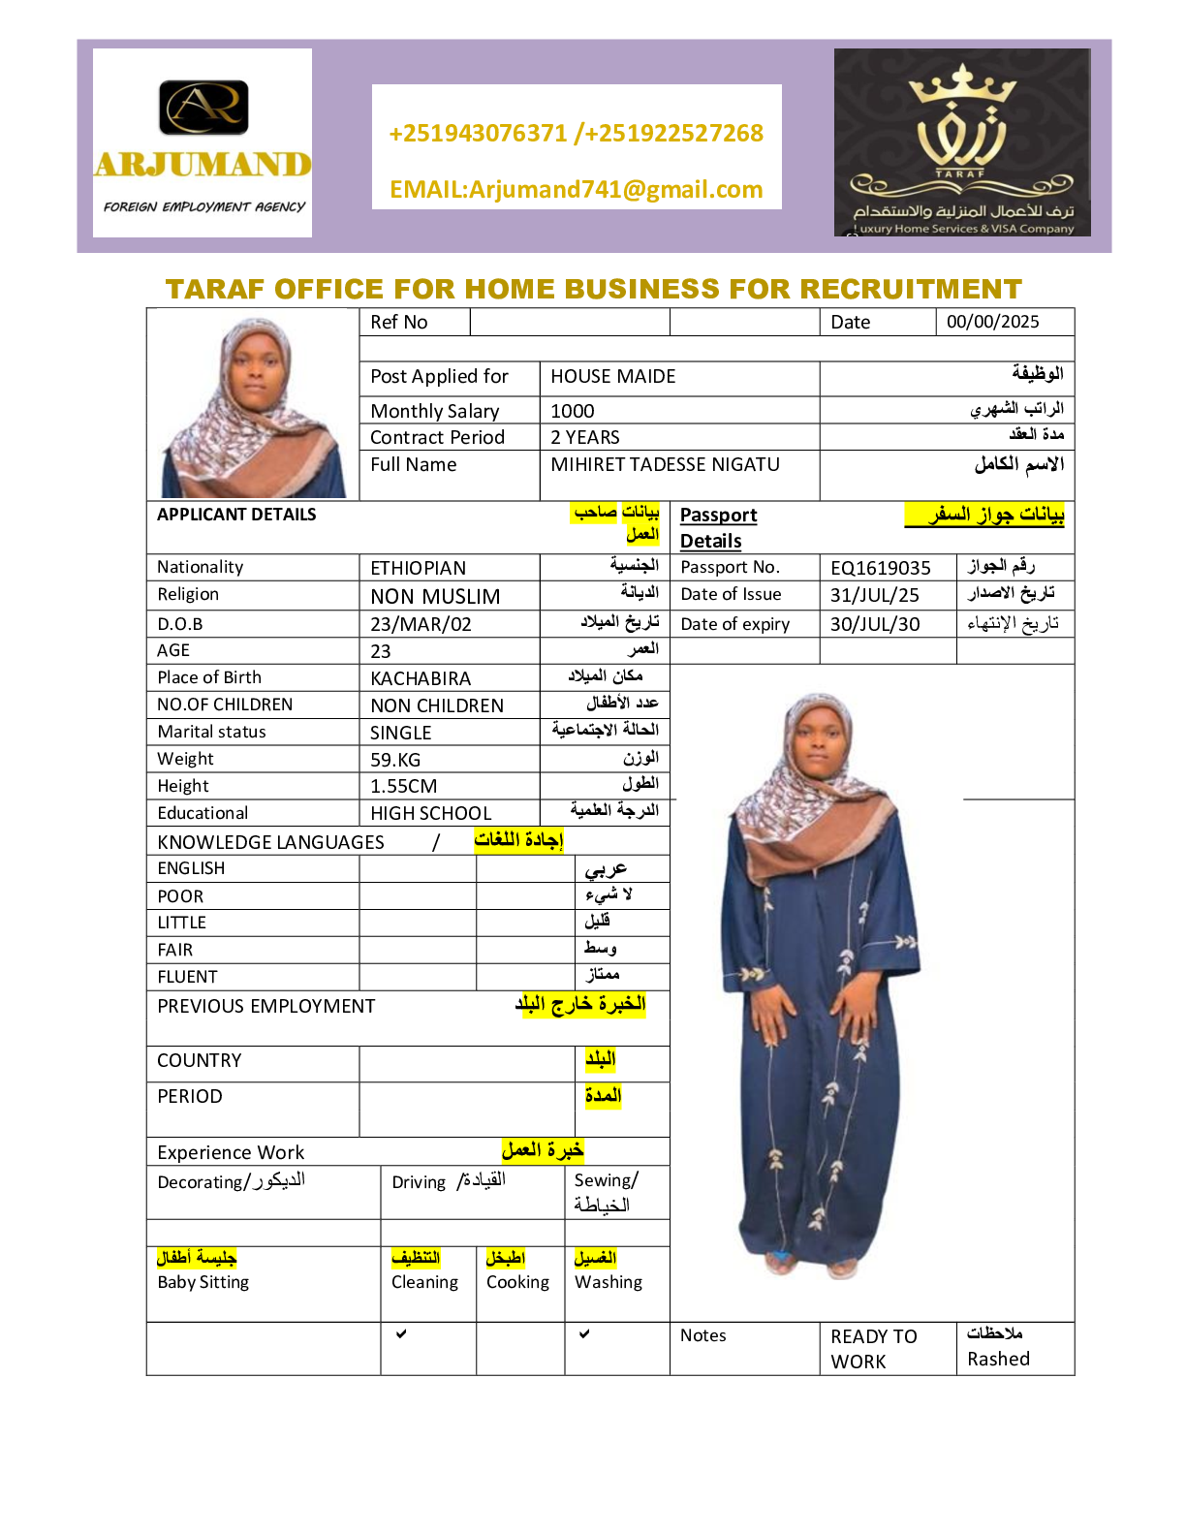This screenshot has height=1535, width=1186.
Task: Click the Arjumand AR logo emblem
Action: pos(203,107)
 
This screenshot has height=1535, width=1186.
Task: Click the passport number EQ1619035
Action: pos(881,568)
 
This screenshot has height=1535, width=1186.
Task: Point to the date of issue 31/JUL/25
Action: pos(875,595)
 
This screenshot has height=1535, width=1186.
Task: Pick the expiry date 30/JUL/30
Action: pos(875,624)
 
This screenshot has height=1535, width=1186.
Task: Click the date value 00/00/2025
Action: pos(993,322)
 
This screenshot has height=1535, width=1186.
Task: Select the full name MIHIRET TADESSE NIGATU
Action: pos(665,465)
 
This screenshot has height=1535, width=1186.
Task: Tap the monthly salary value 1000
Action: pos(573,411)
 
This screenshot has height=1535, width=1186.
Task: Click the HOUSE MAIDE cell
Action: pos(613,376)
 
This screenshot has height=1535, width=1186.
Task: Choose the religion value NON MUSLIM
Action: pos(435,596)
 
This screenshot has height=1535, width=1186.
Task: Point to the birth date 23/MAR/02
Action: pos(421,624)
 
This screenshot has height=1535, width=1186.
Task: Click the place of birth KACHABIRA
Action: pos(421,678)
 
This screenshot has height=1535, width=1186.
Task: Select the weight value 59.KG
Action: pos(395,760)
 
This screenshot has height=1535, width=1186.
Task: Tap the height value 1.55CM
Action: pos(403,786)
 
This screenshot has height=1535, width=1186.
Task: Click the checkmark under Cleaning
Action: pos(401,1334)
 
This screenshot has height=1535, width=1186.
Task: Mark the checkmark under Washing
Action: pos(584,1334)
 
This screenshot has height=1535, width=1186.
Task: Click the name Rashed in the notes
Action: pos(998,1359)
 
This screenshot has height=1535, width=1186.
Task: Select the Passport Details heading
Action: pos(718,527)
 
